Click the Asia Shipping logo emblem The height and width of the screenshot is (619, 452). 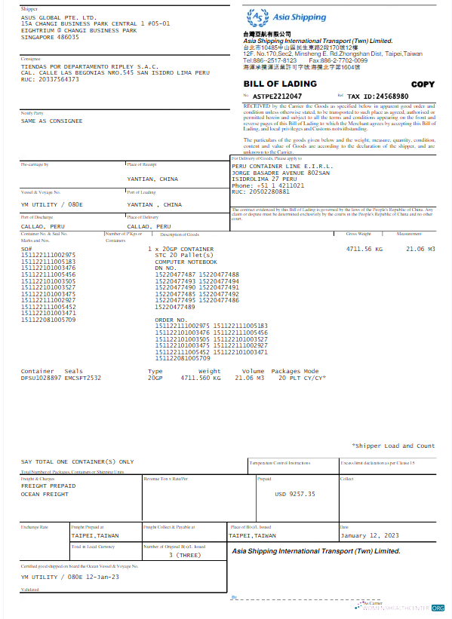coord(258,16)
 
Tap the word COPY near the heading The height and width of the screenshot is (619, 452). coord(423,84)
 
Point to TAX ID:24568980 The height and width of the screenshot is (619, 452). coord(378,97)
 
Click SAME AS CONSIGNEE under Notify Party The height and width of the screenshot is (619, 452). coord(51,121)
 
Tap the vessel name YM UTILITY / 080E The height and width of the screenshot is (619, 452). coord(51,204)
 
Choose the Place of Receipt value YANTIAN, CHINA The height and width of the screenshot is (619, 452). coord(152,179)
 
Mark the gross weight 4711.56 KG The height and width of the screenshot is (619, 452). coord(364,248)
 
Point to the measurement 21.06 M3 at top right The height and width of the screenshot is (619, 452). coord(421,248)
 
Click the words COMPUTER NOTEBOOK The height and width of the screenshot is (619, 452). coord(185,262)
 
